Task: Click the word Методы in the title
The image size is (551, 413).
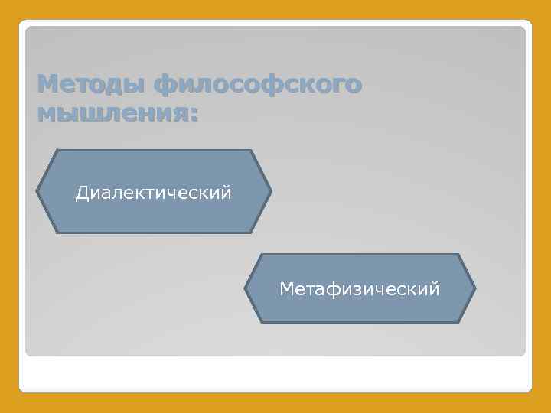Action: (92, 85)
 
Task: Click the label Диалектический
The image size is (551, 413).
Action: (153, 193)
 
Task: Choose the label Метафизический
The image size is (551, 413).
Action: (360, 289)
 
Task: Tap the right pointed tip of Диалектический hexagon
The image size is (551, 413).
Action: (271, 191)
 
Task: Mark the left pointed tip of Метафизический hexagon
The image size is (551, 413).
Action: (245, 288)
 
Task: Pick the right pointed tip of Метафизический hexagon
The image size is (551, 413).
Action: (475, 288)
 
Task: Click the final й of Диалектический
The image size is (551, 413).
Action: (227, 192)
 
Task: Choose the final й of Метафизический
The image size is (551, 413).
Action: (435, 288)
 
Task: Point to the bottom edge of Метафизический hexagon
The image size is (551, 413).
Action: (360, 322)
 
